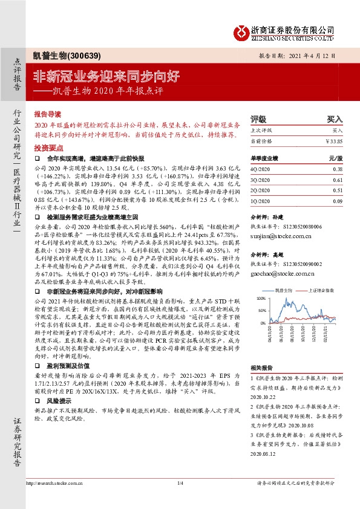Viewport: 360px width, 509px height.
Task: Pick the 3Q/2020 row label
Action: pyautogui.click(x=261, y=180)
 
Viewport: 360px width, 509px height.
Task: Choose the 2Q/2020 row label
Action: pyautogui.click(x=261, y=190)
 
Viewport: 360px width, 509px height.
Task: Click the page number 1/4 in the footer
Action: pyautogui.click(x=180, y=483)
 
